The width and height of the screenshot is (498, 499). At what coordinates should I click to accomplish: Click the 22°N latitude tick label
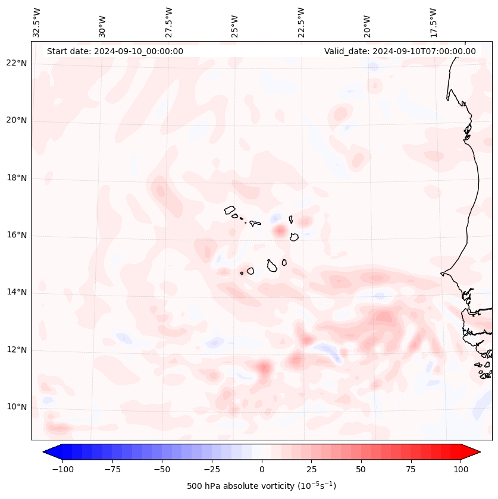[16, 64]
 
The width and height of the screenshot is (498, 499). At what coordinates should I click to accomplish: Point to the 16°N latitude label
[16, 236]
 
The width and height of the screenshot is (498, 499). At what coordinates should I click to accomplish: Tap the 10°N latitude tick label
[16, 407]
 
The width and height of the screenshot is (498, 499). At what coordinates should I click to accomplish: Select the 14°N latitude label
[16, 293]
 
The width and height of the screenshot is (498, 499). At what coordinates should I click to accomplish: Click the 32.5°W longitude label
[37, 22]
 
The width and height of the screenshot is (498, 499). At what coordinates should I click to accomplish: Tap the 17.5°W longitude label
[433, 22]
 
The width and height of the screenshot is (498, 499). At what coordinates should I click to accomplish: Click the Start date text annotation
[115, 51]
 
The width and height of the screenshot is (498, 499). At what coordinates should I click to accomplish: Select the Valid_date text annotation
[400, 51]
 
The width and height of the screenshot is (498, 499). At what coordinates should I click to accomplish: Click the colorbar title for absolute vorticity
[262, 486]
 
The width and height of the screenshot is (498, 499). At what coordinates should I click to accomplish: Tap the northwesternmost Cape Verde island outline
[230, 209]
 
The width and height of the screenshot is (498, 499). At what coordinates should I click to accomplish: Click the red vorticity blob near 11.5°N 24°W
[264, 368]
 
